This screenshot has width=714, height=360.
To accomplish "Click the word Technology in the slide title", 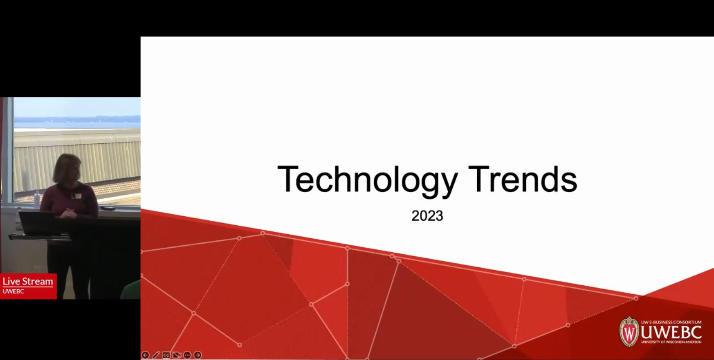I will (x=368, y=180).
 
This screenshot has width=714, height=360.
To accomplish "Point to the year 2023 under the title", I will (x=427, y=216).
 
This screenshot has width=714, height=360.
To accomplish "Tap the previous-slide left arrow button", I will (x=145, y=355).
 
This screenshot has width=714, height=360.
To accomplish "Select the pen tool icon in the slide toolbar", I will (x=156, y=355).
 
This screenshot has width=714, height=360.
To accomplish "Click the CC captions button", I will (x=166, y=355).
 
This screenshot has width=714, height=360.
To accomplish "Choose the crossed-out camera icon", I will (x=176, y=355).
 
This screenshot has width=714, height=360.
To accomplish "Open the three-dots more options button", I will (x=187, y=355).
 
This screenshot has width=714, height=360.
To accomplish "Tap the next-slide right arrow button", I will (x=197, y=355).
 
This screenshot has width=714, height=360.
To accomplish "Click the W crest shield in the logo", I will (x=629, y=332).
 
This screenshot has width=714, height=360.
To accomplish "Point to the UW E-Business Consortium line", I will (x=671, y=322).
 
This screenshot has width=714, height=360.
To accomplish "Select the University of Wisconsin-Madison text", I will (x=671, y=342).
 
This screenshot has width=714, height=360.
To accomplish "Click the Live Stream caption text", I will (x=28, y=281).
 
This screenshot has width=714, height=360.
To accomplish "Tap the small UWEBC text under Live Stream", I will (x=13, y=291).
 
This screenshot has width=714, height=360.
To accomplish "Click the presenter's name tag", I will (x=77, y=196).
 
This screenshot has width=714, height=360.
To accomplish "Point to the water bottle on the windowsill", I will (x=37, y=198).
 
